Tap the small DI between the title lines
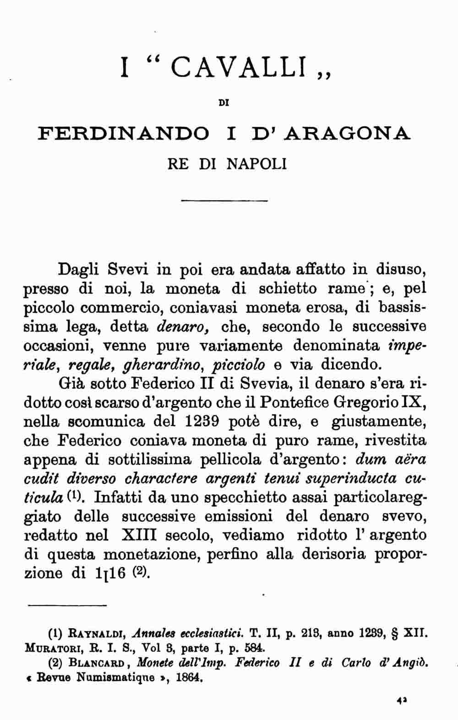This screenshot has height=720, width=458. coord(224,103)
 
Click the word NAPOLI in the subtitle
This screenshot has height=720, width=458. coord(257,163)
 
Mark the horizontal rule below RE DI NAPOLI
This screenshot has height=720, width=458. coord(224,201)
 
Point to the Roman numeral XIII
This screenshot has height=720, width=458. coord(140,535)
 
